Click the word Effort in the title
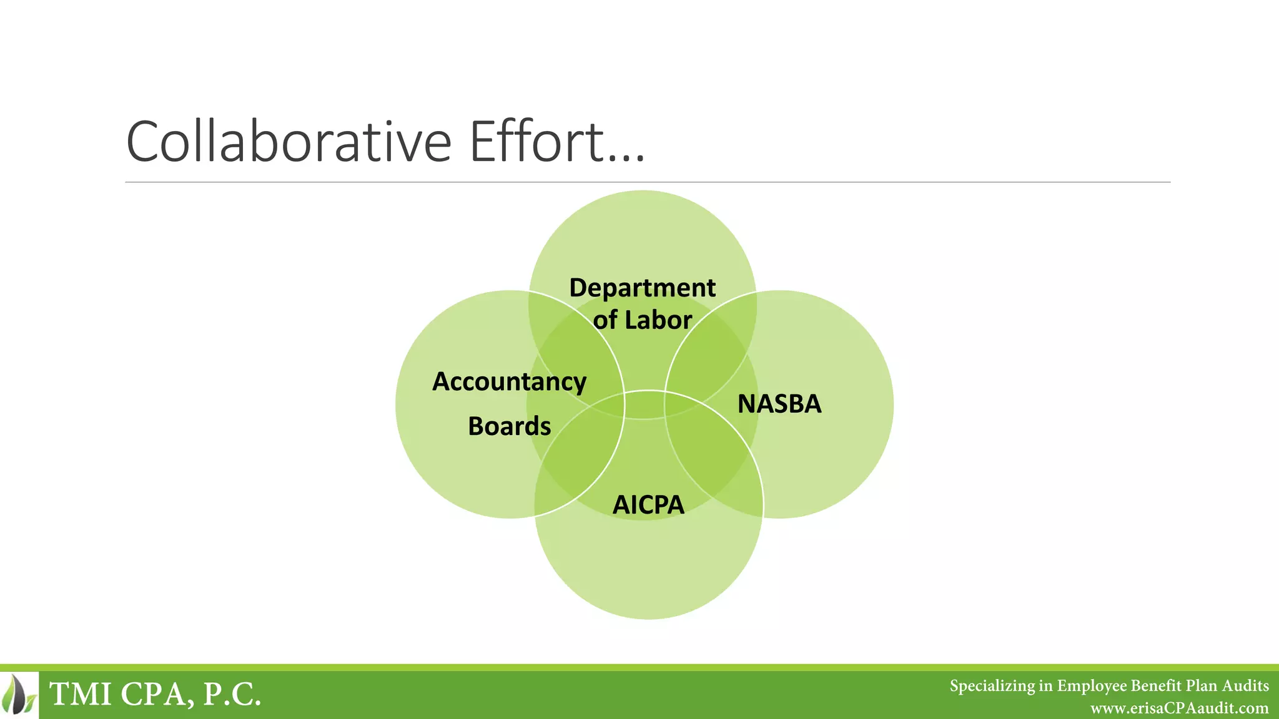[x=537, y=142]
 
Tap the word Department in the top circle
[x=642, y=288]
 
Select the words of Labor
[x=642, y=320]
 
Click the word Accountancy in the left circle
[x=509, y=381]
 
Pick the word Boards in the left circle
[x=509, y=426]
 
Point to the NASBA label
[x=779, y=404]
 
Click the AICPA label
[x=648, y=505]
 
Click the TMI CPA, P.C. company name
[x=155, y=694]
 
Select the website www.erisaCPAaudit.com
[x=1179, y=708]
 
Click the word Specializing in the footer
[x=992, y=686]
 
